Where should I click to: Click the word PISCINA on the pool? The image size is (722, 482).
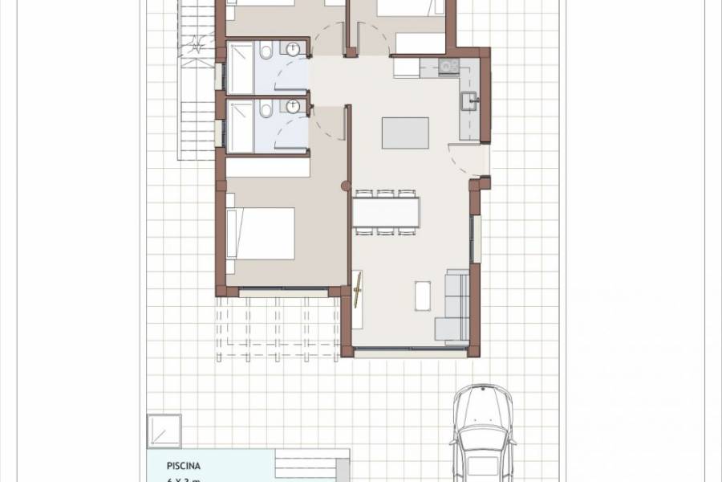[184, 464]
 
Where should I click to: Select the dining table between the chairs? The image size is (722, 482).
[386, 212]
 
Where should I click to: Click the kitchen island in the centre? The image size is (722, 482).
[405, 133]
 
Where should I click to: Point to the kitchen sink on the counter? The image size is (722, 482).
[468, 101]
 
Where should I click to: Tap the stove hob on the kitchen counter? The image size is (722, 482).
[448, 67]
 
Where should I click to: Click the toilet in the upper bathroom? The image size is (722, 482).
[266, 52]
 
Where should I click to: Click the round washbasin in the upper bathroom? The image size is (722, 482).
[294, 49]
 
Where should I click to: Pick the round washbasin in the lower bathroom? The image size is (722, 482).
[294, 106]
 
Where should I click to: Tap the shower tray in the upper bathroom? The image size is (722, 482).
[241, 68]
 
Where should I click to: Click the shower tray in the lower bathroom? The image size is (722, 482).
[241, 126]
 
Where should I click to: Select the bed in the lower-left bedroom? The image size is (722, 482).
[260, 233]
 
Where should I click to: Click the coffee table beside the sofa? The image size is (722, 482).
[423, 295]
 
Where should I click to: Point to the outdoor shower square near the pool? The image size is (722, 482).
[164, 430]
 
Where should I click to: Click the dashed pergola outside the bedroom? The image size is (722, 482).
[277, 325]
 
